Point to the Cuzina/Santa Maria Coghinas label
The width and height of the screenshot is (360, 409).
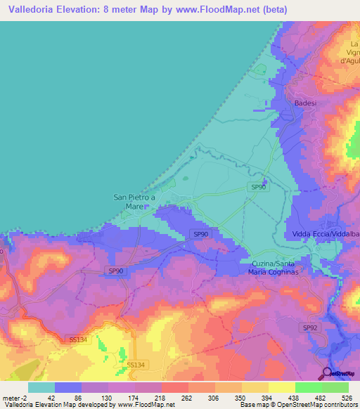coord(279,267)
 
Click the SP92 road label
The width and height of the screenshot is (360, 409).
coord(310,328)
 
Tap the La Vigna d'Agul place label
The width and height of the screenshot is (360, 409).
coord(351,53)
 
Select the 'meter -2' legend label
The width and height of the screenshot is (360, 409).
coord(15,397)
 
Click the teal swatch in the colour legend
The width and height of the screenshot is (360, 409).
coord(41,387)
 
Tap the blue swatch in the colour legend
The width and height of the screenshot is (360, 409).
coord(68,387)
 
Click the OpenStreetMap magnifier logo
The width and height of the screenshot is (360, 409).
coord(327,373)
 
